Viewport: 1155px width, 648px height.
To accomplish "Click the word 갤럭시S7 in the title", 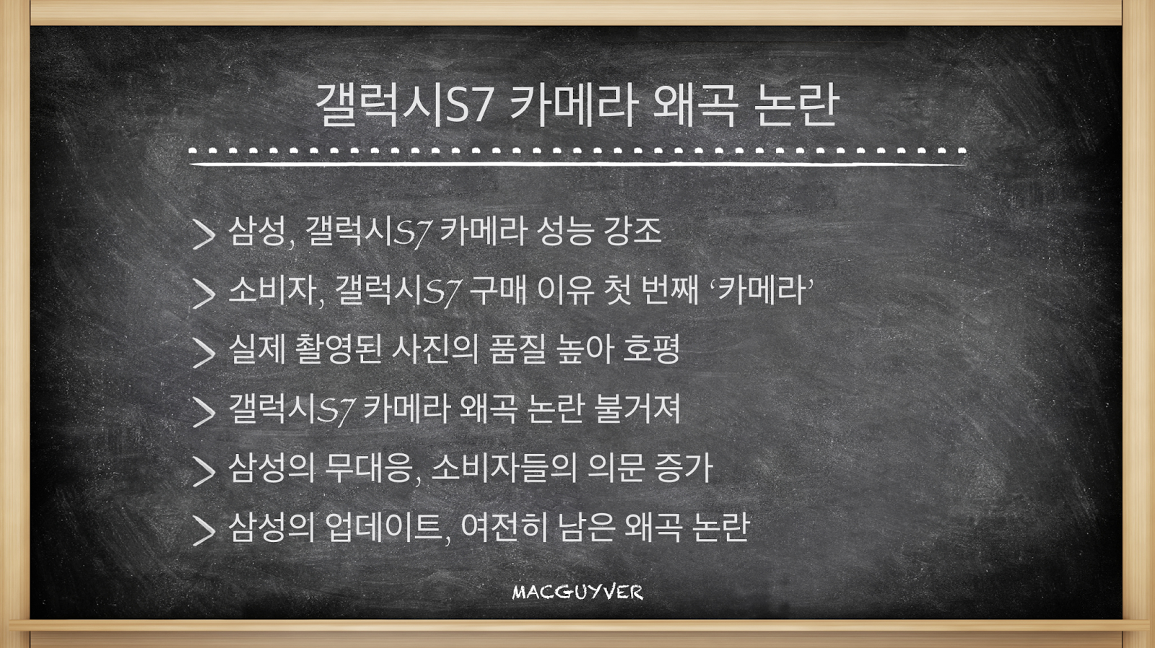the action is [x=405, y=105].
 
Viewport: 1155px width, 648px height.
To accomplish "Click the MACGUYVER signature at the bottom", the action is [x=577, y=592].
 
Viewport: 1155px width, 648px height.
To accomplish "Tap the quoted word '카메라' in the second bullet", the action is [x=762, y=290].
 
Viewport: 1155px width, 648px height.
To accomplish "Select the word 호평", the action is [x=652, y=349].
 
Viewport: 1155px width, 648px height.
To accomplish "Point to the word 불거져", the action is [x=638, y=409].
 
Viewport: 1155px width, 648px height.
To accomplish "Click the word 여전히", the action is [x=505, y=527].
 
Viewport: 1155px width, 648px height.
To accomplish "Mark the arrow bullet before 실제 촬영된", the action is [x=204, y=353].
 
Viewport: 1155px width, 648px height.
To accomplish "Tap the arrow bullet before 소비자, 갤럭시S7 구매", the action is [x=204, y=294].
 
